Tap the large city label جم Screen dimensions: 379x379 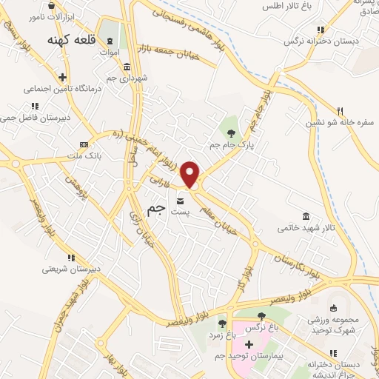point(156,209)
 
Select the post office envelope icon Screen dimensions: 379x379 point(181,200)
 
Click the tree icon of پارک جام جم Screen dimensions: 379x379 point(232,133)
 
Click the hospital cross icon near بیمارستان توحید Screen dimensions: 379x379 point(249,344)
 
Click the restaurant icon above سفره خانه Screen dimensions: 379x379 point(340,111)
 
